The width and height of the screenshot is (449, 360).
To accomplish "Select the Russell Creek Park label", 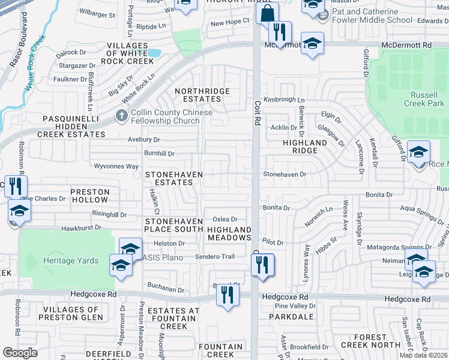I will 428,100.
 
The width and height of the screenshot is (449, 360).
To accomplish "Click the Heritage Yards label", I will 67,261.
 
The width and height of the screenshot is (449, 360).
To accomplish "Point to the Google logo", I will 20,353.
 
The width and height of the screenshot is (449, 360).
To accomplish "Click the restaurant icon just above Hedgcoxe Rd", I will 228,295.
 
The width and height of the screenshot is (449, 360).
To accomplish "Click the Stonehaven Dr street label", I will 285,175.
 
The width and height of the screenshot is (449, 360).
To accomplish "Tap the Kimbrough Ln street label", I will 285,100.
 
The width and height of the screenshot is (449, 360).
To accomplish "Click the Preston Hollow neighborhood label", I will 90,196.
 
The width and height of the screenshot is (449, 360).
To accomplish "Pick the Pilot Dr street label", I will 273,242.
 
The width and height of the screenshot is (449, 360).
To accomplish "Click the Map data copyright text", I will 423,355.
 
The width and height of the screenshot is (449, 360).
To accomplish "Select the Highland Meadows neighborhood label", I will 229,233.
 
